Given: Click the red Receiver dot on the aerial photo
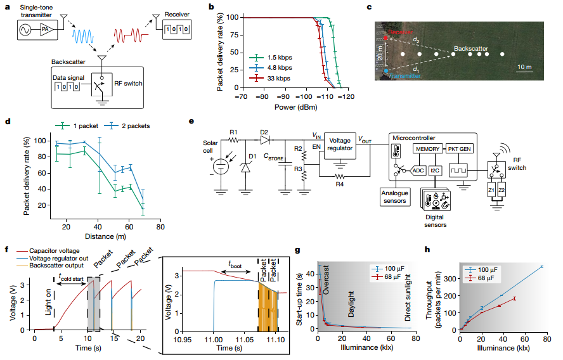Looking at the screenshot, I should pos(387,39).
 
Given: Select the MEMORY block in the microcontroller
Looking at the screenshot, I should pos(428,148).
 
